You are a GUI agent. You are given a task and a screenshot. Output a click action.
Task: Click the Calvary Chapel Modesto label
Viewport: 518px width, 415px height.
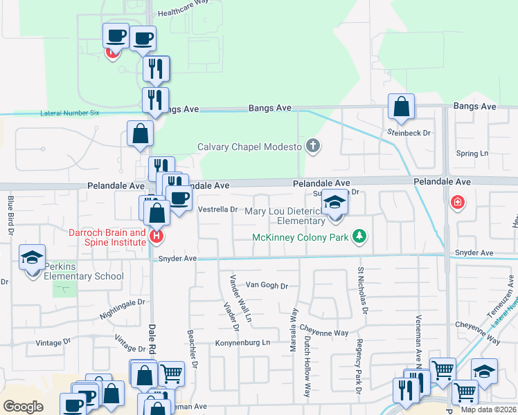[x=249, y=147]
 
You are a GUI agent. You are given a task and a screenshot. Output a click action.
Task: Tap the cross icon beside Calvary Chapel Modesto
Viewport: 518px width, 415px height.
[x=314, y=146]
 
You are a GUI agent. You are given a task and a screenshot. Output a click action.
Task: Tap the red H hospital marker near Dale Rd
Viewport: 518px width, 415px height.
[x=157, y=236]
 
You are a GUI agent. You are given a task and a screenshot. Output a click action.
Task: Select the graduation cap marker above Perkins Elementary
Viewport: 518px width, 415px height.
[x=32, y=258]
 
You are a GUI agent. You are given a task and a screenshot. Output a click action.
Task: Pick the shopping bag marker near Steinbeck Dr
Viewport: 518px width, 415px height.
[x=401, y=107]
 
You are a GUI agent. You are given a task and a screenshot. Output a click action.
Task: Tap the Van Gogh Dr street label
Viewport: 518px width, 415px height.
[x=267, y=285]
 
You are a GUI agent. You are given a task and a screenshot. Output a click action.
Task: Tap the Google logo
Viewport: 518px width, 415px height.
[x=23, y=407]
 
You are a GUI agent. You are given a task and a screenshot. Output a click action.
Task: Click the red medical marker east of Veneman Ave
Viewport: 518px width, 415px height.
[x=456, y=203]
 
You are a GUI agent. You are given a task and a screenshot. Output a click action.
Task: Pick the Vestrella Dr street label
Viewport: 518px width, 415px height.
[x=218, y=209]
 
